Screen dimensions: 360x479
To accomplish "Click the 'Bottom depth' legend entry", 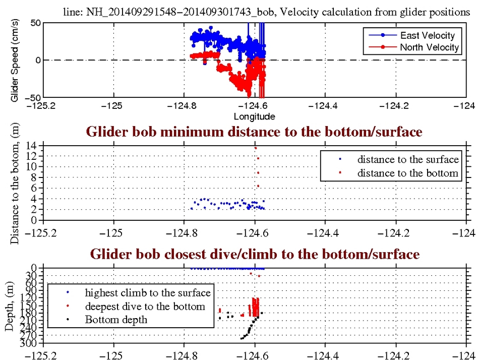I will (116, 319).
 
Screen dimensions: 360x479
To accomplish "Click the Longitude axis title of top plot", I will (254, 116).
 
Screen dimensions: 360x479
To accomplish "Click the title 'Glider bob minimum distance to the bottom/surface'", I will (254, 132).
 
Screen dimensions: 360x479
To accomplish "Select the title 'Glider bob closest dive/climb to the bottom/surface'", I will (254, 254).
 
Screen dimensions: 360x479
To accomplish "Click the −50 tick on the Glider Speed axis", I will (34, 97).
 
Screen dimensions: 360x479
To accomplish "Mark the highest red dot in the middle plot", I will (256, 148).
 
